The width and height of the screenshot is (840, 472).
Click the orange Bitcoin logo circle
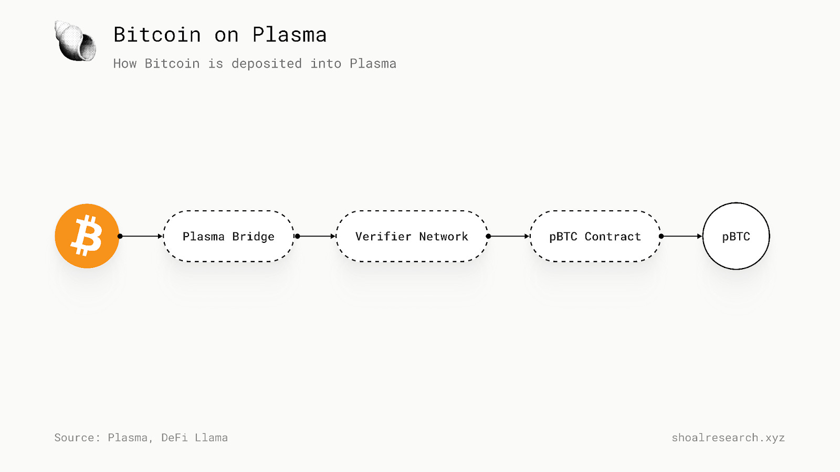pos(87,236)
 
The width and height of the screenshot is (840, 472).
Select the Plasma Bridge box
pos(228,236)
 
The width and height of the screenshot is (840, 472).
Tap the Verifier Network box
pos(412,236)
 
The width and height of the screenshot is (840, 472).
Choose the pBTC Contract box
pos(595,236)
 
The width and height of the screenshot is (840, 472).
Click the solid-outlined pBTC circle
pos(736,236)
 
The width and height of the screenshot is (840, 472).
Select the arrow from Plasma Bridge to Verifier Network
pos(316,236)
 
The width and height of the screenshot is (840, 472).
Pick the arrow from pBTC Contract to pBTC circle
pos(681,236)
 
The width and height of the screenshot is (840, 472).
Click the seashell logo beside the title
pos(76,41)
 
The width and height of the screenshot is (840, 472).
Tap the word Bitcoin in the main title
pos(157,35)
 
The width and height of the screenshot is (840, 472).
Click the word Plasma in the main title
pos(289,35)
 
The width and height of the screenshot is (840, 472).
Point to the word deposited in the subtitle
pos(266,63)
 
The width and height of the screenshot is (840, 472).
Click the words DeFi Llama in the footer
pos(194,437)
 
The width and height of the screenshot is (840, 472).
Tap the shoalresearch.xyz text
pos(728,437)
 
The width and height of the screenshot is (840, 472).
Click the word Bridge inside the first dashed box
pos(253,237)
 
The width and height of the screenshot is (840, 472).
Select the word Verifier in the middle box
pos(383,237)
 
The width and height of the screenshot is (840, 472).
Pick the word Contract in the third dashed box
pos(613,237)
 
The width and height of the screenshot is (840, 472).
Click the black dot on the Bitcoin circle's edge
pos(120,236)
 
